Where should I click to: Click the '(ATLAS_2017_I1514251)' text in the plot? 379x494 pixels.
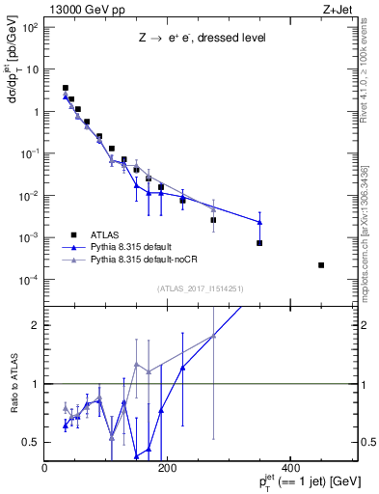coord(200,288)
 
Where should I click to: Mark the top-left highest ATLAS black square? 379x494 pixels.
coord(66,88)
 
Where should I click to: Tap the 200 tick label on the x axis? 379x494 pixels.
coord(168,467)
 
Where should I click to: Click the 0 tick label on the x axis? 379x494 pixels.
coord(45,467)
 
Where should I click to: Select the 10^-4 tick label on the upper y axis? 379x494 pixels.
coord(28,280)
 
